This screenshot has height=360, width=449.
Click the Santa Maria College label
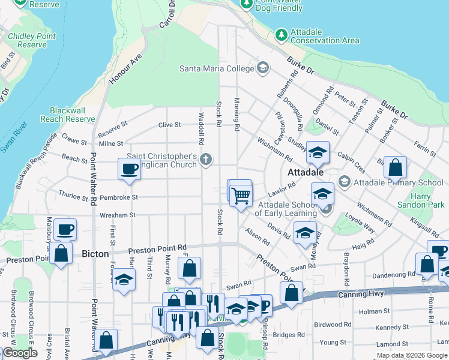(217, 68)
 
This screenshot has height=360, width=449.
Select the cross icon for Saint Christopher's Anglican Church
(206, 160)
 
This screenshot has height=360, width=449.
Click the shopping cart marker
(241, 195)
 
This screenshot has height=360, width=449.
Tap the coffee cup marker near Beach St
(129, 169)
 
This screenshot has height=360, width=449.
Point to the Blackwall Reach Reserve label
(67, 115)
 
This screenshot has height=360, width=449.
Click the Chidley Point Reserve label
(32, 40)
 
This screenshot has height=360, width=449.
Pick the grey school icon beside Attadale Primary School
(344, 181)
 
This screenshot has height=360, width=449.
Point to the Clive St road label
(169, 125)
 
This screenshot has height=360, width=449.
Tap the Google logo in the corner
(20, 353)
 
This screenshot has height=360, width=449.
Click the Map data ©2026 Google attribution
(412, 355)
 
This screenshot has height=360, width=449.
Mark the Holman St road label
(374, 311)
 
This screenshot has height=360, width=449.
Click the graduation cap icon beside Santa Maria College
(262, 68)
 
